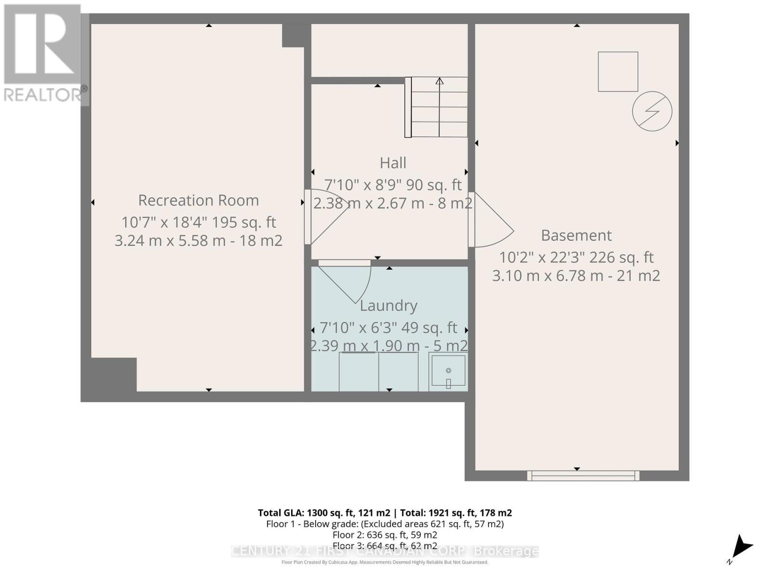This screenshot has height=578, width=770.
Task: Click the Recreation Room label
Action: tap(198, 200)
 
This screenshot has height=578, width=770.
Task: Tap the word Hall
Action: tap(393, 163)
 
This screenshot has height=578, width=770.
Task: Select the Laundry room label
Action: tap(388, 305)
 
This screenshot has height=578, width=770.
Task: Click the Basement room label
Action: tap(576, 235)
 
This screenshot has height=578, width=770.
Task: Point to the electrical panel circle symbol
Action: tap(652, 111)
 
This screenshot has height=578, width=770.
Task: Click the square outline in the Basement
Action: tap(618, 72)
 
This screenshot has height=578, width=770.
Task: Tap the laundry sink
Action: tap(448, 371)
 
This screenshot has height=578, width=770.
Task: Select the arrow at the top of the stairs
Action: tap(439, 81)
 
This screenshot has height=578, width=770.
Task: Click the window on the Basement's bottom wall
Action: tap(583, 476)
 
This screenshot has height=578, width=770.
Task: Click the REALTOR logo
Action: tap(43, 53)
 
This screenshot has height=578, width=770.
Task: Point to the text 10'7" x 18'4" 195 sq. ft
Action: tap(198, 223)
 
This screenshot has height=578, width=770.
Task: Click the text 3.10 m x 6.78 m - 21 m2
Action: tap(576, 276)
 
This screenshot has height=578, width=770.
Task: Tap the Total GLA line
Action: tap(385, 513)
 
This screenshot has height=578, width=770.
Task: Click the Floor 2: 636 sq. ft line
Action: tap(385, 535)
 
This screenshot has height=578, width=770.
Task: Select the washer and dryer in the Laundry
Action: tap(378, 372)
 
